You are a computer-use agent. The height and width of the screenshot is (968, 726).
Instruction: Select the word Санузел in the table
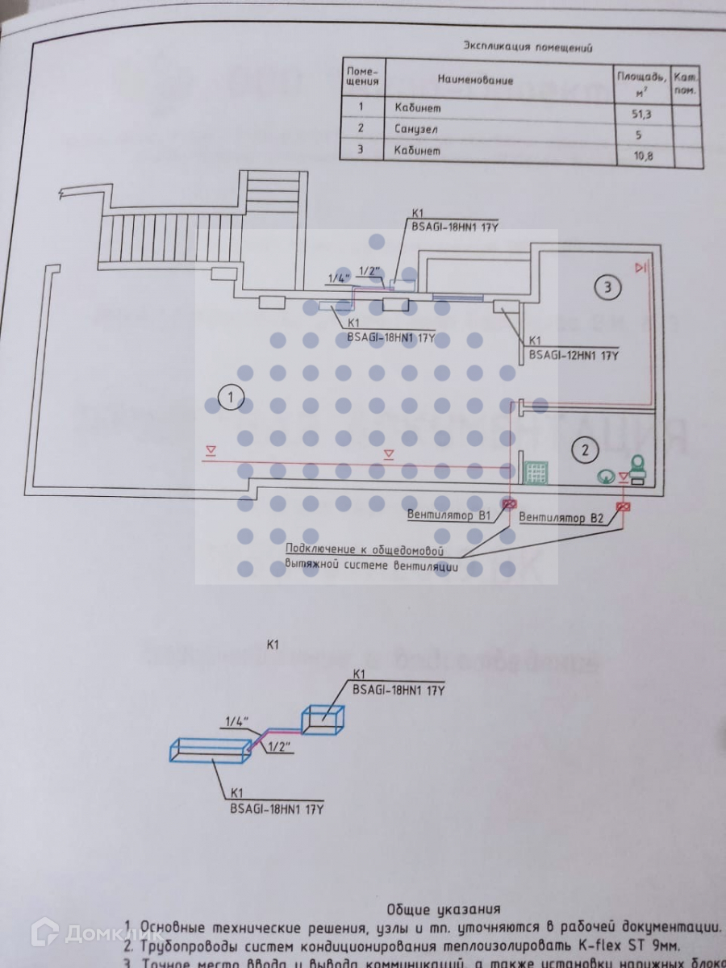click(x=417, y=129)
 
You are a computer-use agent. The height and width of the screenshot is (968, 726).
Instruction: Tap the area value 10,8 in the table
click(x=643, y=156)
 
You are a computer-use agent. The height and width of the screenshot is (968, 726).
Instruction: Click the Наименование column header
click(x=475, y=80)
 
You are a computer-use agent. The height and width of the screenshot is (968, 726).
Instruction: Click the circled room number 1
click(x=232, y=397)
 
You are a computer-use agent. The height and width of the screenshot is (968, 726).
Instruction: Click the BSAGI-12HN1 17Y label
click(x=574, y=353)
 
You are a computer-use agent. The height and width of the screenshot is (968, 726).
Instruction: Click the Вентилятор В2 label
click(x=561, y=518)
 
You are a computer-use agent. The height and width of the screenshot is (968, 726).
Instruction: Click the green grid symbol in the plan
click(x=536, y=473)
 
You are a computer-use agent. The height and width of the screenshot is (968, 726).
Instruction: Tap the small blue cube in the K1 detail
click(x=323, y=716)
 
